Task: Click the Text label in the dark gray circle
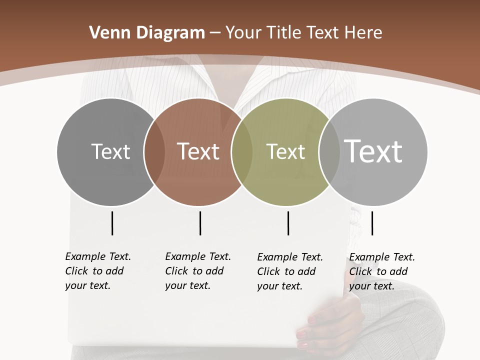pyautogui.click(x=110, y=151)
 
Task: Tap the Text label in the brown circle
pyautogui.click(x=198, y=151)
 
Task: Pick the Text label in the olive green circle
pyautogui.click(x=285, y=151)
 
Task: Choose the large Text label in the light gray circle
pyautogui.click(x=373, y=151)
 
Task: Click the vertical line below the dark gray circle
pyautogui.click(x=112, y=223)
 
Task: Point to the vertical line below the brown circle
pyautogui.click(x=200, y=223)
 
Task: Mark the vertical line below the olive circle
pyautogui.click(x=288, y=223)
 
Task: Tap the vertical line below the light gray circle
pyautogui.click(x=372, y=223)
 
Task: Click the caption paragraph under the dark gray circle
pyautogui.click(x=97, y=271)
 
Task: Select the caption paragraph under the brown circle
pyautogui.click(x=197, y=271)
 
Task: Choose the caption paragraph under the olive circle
pyautogui.click(x=289, y=271)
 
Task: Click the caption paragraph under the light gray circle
pyautogui.click(x=381, y=271)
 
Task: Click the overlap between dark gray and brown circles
pyautogui.click(x=154, y=151)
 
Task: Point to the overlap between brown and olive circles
pyautogui.click(x=242, y=151)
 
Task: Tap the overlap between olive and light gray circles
pyautogui.click(x=329, y=151)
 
